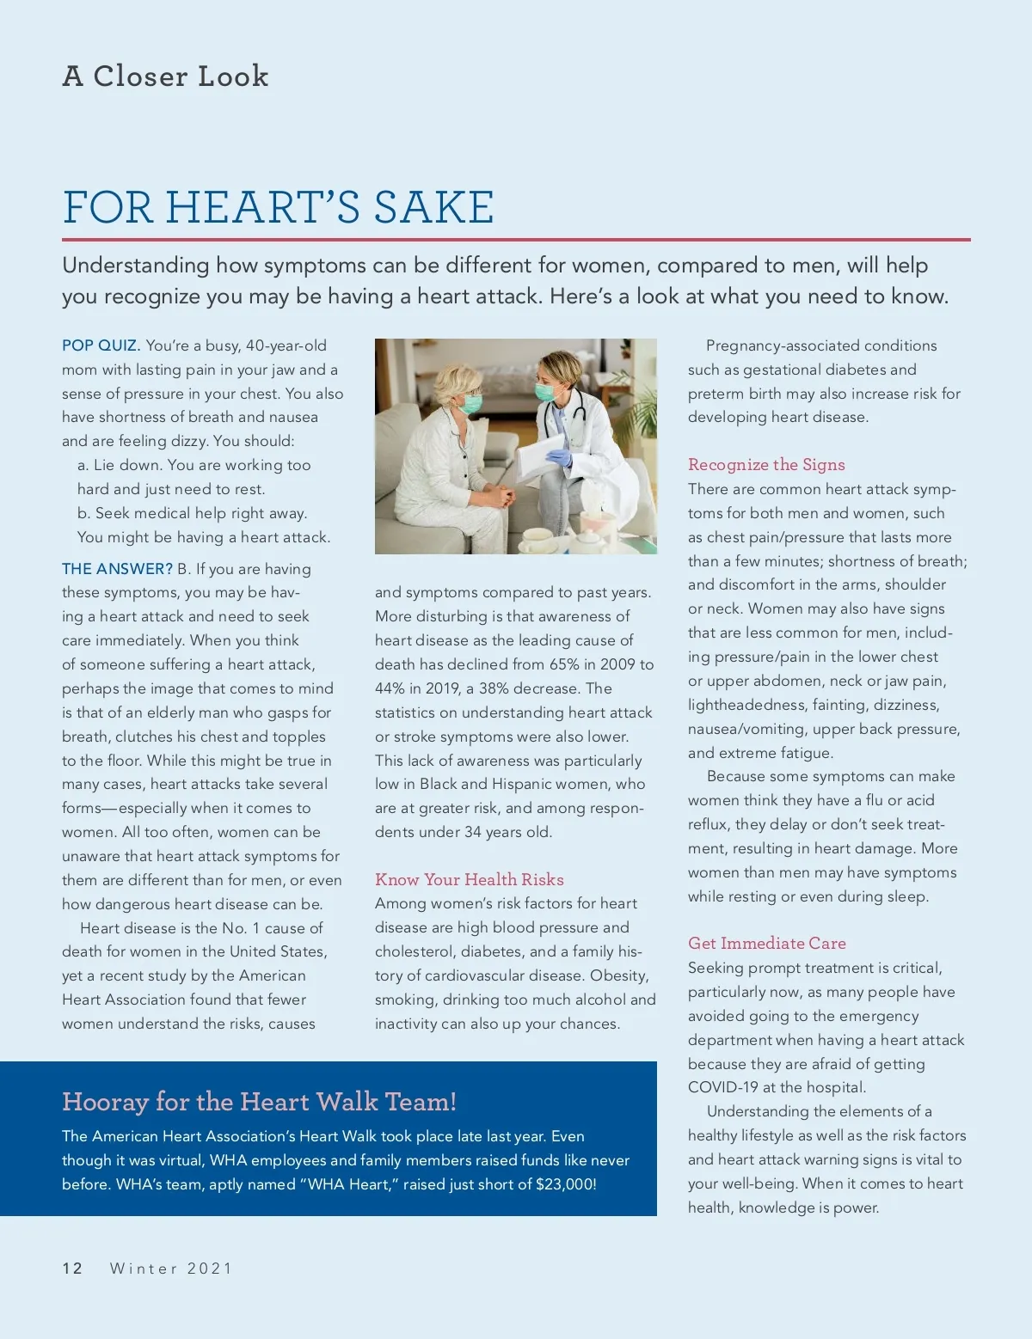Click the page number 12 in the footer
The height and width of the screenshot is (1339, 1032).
(72, 1269)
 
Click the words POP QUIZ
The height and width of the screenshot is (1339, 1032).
(101, 345)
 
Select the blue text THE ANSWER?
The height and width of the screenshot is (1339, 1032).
(118, 569)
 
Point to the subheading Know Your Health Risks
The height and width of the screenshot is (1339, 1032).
(470, 879)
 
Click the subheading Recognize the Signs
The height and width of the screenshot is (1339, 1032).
(766, 465)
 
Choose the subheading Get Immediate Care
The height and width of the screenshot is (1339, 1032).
(766, 943)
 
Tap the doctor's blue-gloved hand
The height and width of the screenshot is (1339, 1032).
(558, 458)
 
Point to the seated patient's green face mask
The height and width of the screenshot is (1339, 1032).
(471, 402)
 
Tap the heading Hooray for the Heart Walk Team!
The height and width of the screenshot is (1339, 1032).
(259, 1102)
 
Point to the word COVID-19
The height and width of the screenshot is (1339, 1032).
(722, 1087)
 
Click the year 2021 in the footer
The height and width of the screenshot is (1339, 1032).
(210, 1269)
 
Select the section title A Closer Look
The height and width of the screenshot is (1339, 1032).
(165, 76)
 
